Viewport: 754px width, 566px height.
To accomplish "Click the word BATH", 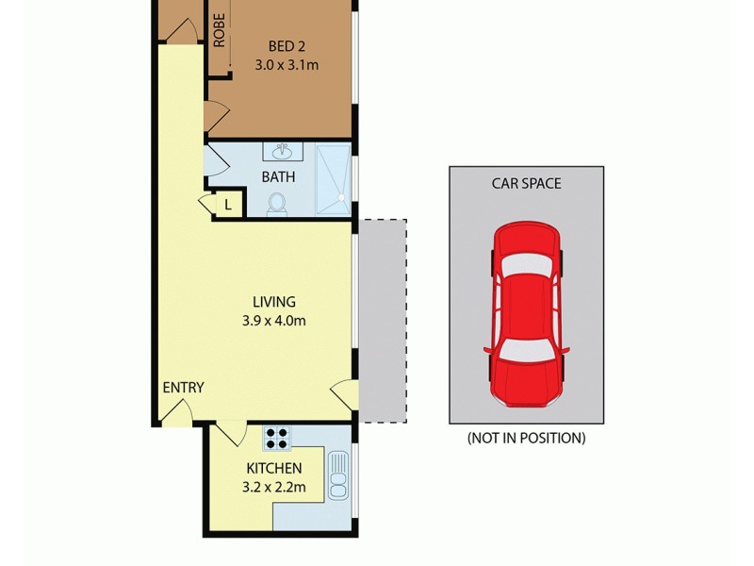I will pyautogui.click(x=278, y=176).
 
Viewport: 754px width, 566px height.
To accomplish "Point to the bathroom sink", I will pyautogui.click(x=281, y=152).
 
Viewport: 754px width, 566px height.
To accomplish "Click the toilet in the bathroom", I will pyautogui.click(x=277, y=204).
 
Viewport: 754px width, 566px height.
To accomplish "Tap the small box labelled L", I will pyautogui.click(x=228, y=204).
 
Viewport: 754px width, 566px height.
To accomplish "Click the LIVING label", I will pyautogui.click(x=274, y=302).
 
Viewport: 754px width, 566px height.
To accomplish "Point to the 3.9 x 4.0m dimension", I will pyautogui.click(x=274, y=321).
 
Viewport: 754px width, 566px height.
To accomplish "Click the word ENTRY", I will pyautogui.click(x=183, y=388).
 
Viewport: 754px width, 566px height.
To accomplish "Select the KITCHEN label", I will pyautogui.click(x=274, y=468).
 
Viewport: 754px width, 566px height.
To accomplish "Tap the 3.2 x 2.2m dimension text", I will pyautogui.click(x=274, y=487).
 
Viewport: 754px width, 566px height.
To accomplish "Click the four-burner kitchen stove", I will pyautogui.click(x=277, y=438).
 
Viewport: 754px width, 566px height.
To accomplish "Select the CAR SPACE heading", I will pyautogui.click(x=526, y=184).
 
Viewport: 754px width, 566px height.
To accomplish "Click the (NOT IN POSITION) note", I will pyautogui.click(x=526, y=438).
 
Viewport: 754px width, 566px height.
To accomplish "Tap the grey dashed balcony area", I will pyautogui.click(x=384, y=321).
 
